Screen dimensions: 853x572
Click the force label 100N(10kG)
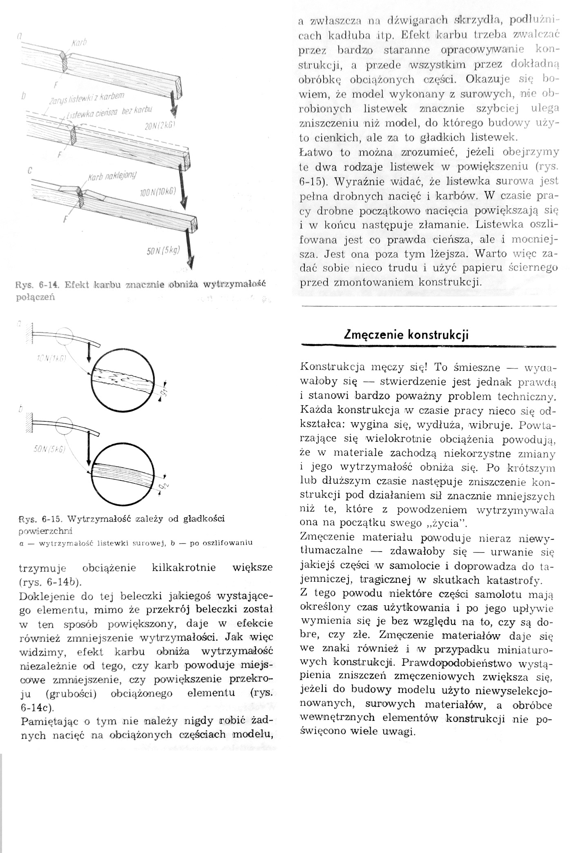pyautogui.click(x=158, y=192)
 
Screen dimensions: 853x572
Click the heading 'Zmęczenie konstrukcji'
pyautogui.click(x=406, y=335)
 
